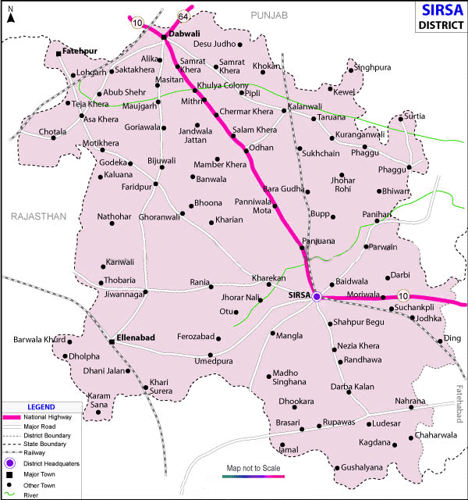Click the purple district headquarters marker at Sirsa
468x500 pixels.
[317, 297]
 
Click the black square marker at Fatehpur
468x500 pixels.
[59, 53]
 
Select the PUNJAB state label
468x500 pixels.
[270, 16]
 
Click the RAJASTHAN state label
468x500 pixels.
[37, 216]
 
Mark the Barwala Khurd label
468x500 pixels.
[38, 340]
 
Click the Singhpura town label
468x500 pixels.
[373, 68]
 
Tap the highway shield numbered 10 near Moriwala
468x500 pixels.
[402, 295]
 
